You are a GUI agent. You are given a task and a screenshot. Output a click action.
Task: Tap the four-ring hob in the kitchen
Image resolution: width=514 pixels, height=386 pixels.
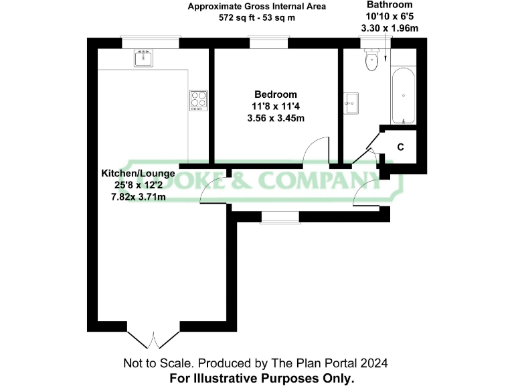coord(198,100)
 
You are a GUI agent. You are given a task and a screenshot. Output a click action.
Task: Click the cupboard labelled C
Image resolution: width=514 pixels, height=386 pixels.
coord(400,147)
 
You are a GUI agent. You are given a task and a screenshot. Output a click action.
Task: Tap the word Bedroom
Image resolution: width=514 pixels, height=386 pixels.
coord(275,94)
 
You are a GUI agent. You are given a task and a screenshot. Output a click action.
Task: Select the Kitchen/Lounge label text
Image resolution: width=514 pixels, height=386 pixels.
coord(138,173)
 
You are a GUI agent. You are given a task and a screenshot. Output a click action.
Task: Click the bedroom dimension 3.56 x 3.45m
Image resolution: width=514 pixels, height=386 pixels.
coord(275,119)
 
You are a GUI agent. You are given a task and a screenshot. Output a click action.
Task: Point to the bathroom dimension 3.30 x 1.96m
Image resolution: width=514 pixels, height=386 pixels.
coord(390,29)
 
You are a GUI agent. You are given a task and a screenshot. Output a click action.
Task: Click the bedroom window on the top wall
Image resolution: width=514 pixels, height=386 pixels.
coord(269,42)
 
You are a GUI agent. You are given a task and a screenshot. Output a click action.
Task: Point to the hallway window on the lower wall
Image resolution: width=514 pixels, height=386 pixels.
coord(280,216)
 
